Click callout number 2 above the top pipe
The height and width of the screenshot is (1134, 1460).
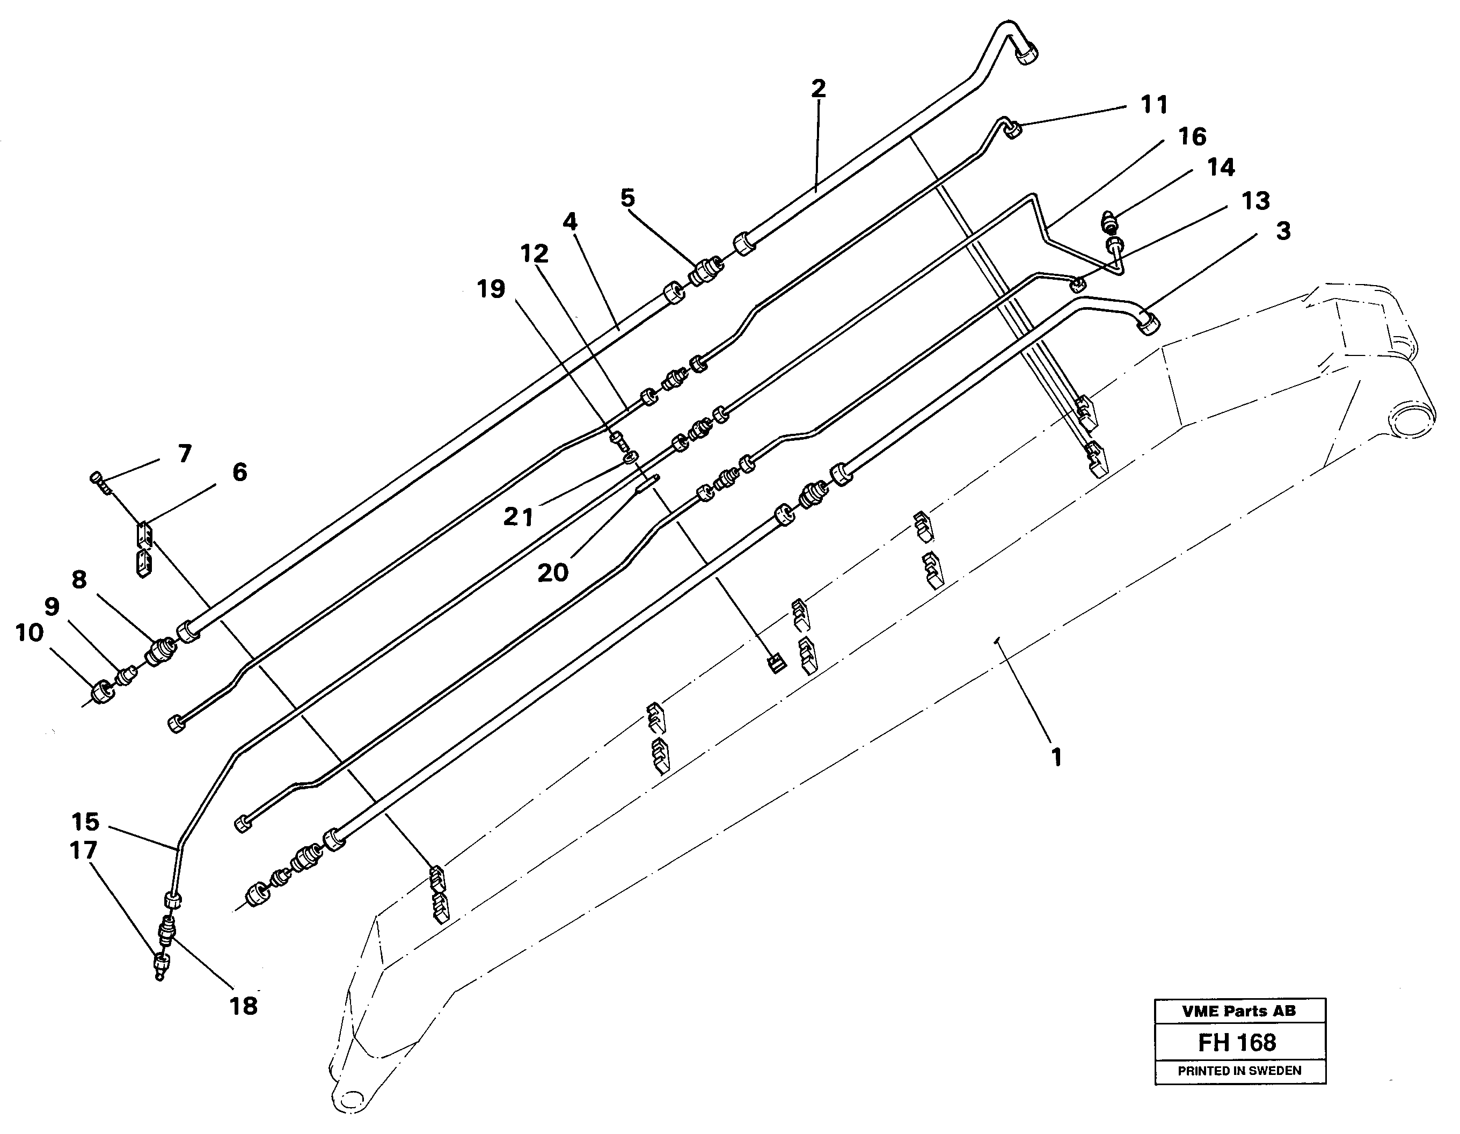coord(818,89)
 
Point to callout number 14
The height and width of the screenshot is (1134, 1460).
coord(1221,167)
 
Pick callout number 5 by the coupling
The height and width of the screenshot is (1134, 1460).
coord(627,198)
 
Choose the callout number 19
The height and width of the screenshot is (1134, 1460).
coord(491,289)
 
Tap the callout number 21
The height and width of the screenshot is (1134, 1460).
coord(518,515)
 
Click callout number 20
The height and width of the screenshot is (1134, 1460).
coord(553,572)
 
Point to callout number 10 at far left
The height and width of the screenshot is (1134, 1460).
coord(29,633)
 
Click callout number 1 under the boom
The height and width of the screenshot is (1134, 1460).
coord(1056,757)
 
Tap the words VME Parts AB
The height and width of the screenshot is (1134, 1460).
coord(1239,1011)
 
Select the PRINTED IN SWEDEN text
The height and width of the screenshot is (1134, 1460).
coord(1239,1071)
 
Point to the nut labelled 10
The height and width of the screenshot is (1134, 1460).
coord(101,692)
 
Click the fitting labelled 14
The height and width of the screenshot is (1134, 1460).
coord(1108,220)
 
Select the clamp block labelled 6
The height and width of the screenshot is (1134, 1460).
coord(144,535)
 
